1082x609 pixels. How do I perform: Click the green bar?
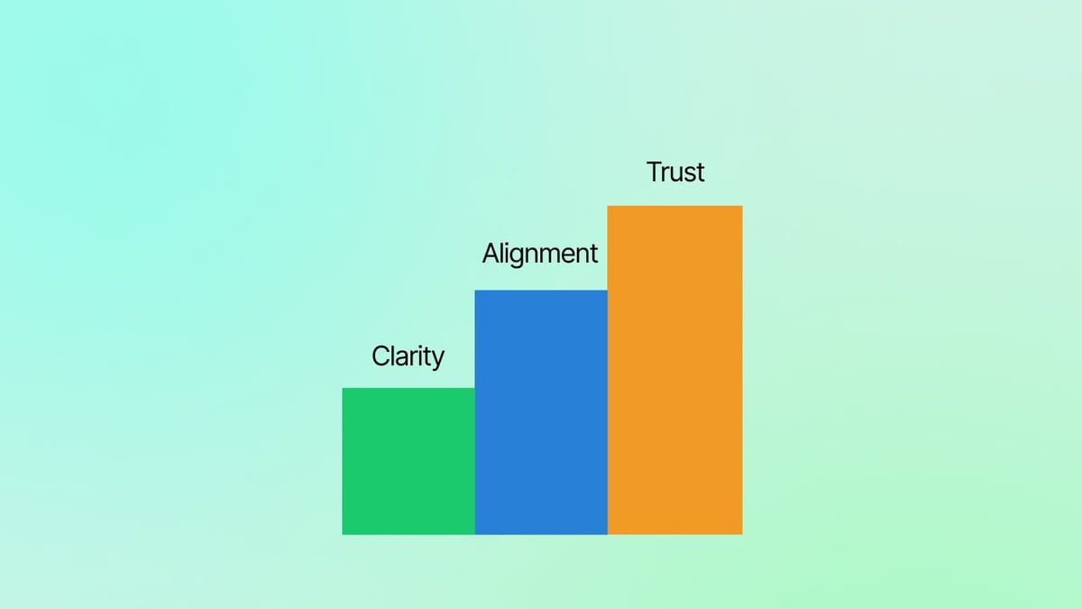click(x=408, y=461)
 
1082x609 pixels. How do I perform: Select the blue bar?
click(x=541, y=412)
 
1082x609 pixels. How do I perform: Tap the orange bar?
click(x=674, y=370)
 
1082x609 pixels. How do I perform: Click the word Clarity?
click(x=408, y=356)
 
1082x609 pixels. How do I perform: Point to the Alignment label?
click(x=540, y=254)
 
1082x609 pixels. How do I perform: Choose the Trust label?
click(x=675, y=171)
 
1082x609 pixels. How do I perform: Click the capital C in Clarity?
click(x=381, y=356)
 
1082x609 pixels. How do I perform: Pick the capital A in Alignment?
click(x=491, y=254)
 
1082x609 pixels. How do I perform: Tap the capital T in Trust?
click(x=656, y=171)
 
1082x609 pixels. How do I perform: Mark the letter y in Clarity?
click(x=437, y=360)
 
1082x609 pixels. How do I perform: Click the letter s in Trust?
click(x=689, y=173)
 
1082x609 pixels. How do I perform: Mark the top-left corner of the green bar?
click(x=343, y=388)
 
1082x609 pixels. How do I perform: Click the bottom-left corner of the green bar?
click(x=343, y=534)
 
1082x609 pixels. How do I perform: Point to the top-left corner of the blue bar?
click(x=475, y=291)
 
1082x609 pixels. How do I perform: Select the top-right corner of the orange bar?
click(x=742, y=207)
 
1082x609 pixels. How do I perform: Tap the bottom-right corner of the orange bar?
click(x=742, y=534)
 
